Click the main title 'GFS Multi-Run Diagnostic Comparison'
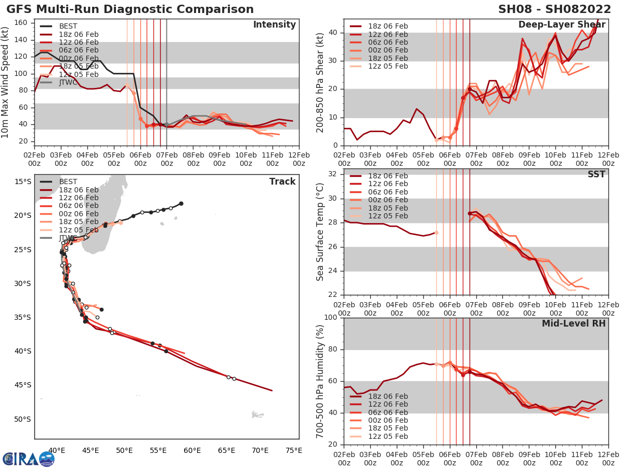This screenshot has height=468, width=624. [x=130, y=9]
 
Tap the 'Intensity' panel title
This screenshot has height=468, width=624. [x=274, y=25]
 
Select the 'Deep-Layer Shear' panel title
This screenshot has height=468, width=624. [x=562, y=25]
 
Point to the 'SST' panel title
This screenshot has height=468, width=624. [x=596, y=174]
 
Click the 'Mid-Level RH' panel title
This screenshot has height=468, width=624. [x=574, y=323]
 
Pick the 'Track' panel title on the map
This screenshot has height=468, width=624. [x=282, y=181]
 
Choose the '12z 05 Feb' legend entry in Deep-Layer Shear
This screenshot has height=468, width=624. [x=388, y=67]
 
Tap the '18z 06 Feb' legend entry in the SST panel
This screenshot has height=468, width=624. [x=388, y=176]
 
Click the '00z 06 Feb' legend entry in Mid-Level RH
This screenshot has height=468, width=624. [x=388, y=420]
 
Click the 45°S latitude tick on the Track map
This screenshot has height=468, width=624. [x=22, y=385]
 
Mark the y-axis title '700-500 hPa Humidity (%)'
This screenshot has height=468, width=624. [x=320, y=381]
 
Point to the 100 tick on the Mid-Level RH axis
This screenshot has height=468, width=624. [x=331, y=318]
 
